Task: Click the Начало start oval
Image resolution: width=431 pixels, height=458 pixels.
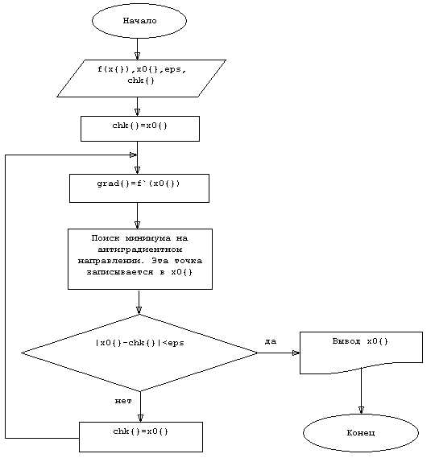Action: (139, 21)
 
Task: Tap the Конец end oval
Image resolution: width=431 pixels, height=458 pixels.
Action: (361, 432)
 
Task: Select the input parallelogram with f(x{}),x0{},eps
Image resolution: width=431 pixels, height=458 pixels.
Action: (141, 78)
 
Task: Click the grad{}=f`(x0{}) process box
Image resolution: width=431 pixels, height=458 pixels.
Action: (139, 188)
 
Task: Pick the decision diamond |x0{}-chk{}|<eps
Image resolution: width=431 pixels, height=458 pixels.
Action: (139, 353)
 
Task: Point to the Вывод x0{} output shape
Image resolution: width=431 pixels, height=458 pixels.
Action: (361, 352)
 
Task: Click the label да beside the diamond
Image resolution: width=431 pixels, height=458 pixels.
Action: (271, 341)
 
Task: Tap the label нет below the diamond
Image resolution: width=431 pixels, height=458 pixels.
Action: (123, 401)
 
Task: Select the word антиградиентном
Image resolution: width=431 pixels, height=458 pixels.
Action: (139, 250)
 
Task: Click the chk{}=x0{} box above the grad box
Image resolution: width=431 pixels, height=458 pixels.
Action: (140, 129)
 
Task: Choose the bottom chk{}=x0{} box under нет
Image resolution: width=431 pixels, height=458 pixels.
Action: (141, 437)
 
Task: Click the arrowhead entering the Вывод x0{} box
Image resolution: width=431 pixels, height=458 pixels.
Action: (296, 353)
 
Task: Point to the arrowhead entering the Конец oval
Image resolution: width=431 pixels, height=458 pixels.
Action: (361, 410)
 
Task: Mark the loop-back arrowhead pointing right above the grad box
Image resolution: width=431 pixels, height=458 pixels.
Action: (133, 155)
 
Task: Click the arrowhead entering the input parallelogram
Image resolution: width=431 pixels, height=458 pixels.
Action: (137, 56)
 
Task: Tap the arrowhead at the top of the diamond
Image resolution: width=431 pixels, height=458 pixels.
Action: (139, 311)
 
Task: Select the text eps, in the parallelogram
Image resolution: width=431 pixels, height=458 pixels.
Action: (175, 70)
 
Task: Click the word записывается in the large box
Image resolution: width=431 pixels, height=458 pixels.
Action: (120, 272)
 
